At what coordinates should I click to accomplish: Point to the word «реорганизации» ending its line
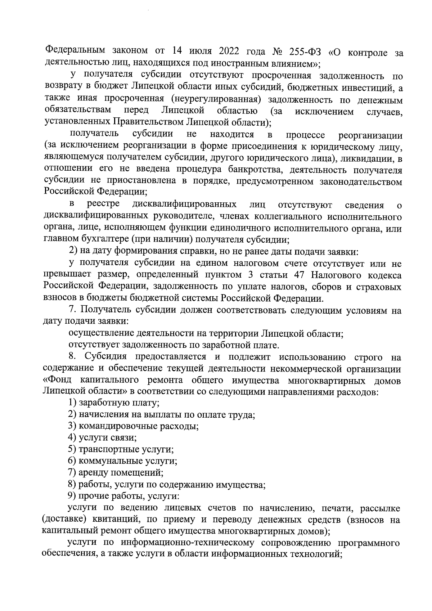coord(370,135)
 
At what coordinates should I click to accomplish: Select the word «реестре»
coord(104,205)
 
